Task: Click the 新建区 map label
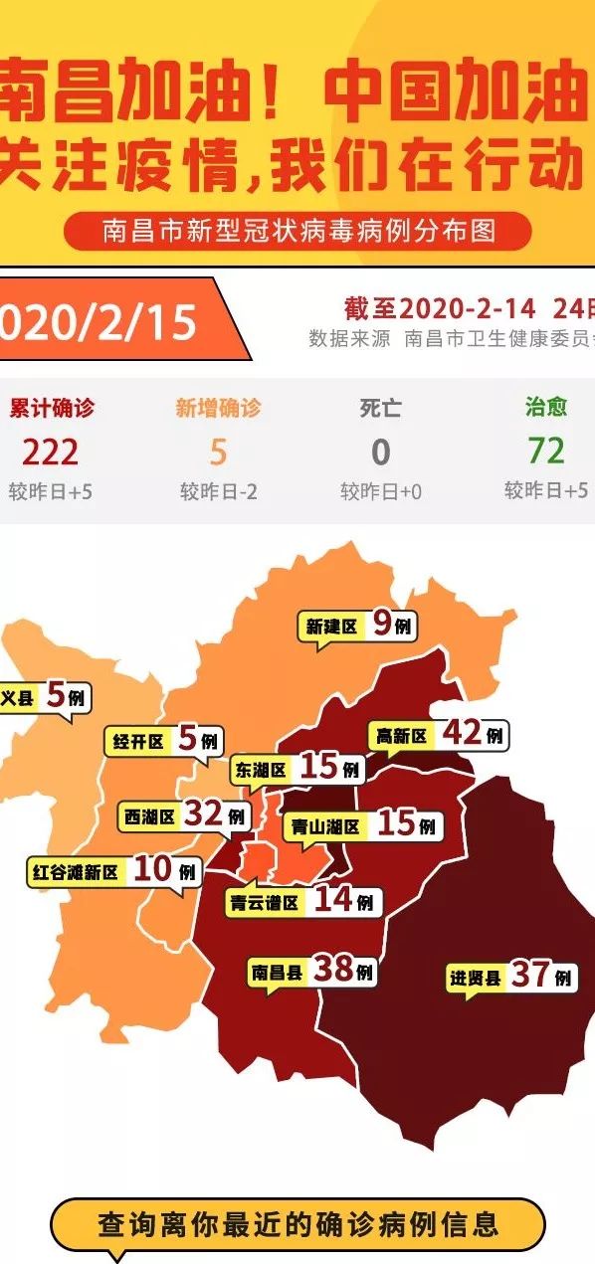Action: coord(357,626)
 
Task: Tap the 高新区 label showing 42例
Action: coord(439,735)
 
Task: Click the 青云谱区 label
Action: coord(301,902)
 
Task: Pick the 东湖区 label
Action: coord(297,769)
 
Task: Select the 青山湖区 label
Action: coord(361,825)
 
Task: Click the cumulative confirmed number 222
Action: coord(50,452)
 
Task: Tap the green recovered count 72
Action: coord(546,451)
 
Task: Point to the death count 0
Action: coord(381,452)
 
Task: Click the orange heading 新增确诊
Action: coord(218,408)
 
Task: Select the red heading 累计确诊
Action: coord(52,408)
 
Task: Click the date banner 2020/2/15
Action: coord(104,321)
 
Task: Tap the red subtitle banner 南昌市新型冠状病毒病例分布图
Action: coord(297,232)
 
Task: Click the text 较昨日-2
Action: coord(218,491)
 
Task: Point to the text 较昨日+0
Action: coord(381,491)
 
